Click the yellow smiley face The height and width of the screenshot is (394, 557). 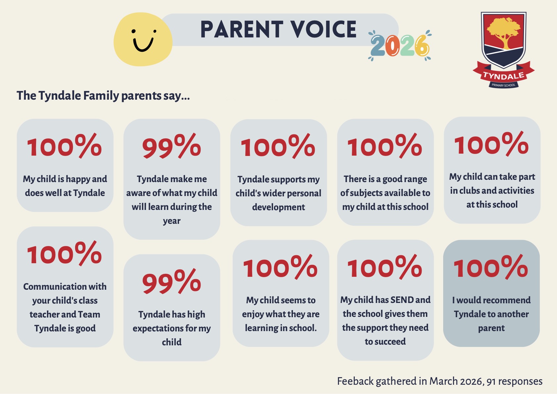tap(143, 40)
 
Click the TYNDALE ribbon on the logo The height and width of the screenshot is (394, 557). tap(503, 75)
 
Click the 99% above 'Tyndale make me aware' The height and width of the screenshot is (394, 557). tap(171, 146)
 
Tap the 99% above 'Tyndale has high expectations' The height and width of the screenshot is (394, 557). tap(171, 282)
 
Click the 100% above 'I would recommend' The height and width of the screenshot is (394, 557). tap(490, 267)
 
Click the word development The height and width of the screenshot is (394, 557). tap(278, 207)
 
